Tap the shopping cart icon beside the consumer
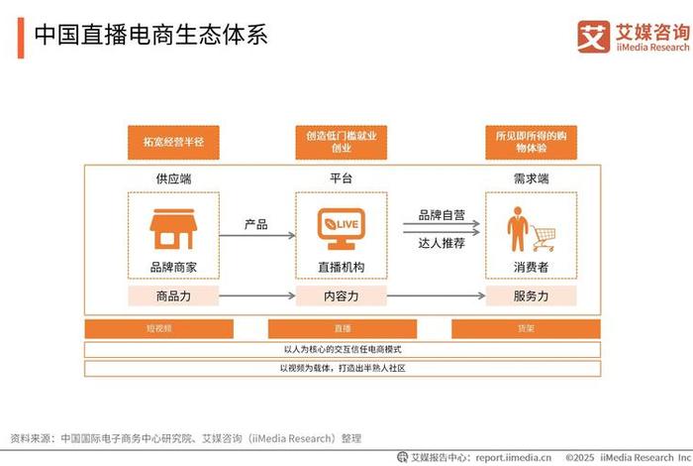pyautogui.click(x=543, y=236)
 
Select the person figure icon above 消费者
pyautogui.click(x=516, y=229)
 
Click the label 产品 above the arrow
pyautogui.click(x=255, y=224)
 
